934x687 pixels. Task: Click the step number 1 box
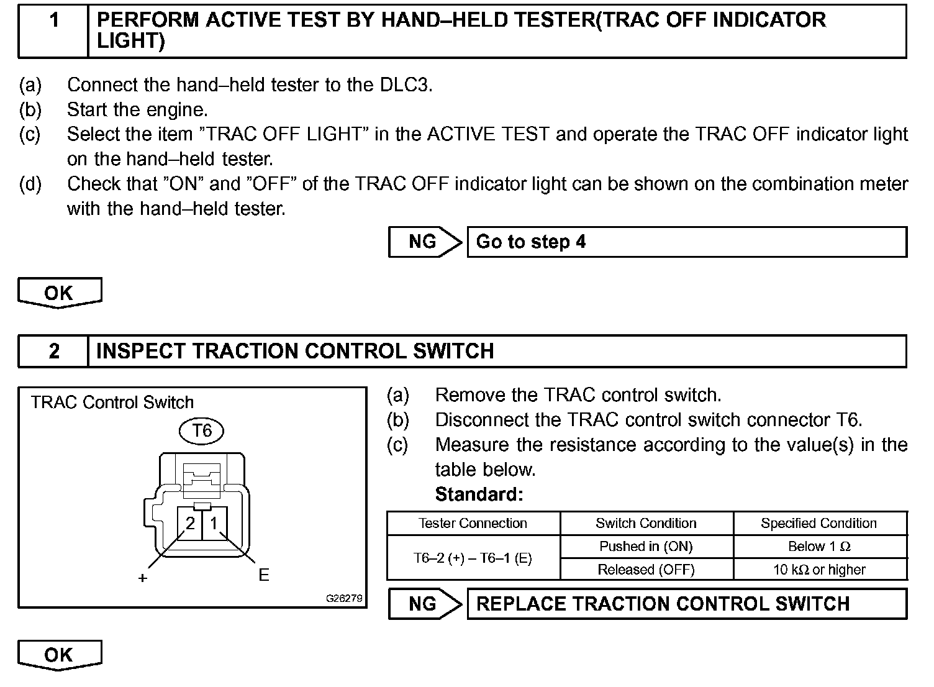tap(54, 31)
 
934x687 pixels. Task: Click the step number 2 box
tap(54, 351)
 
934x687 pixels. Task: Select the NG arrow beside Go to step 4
tap(425, 242)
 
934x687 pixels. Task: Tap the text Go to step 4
tap(531, 242)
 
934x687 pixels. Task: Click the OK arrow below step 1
tap(59, 293)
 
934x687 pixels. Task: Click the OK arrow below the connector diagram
tap(59, 655)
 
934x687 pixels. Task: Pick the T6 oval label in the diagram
tap(202, 430)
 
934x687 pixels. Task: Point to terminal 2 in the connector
tap(190, 524)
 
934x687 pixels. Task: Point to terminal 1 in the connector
tap(214, 524)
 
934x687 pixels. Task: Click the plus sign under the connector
tap(143, 578)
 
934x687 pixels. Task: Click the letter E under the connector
tap(264, 575)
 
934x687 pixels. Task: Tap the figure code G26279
tap(344, 599)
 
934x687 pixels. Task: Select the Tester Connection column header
tap(473, 523)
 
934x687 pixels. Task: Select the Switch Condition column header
tap(646, 523)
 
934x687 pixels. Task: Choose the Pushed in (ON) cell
tap(646, 547)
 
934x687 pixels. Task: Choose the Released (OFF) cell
tap(646, 570)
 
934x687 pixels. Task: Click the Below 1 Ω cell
tap(819, 547)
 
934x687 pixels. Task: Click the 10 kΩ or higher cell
tap(819, 570)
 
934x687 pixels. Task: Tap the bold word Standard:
tap(479, 494)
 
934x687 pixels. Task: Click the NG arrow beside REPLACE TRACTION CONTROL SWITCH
tap(425, 604)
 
